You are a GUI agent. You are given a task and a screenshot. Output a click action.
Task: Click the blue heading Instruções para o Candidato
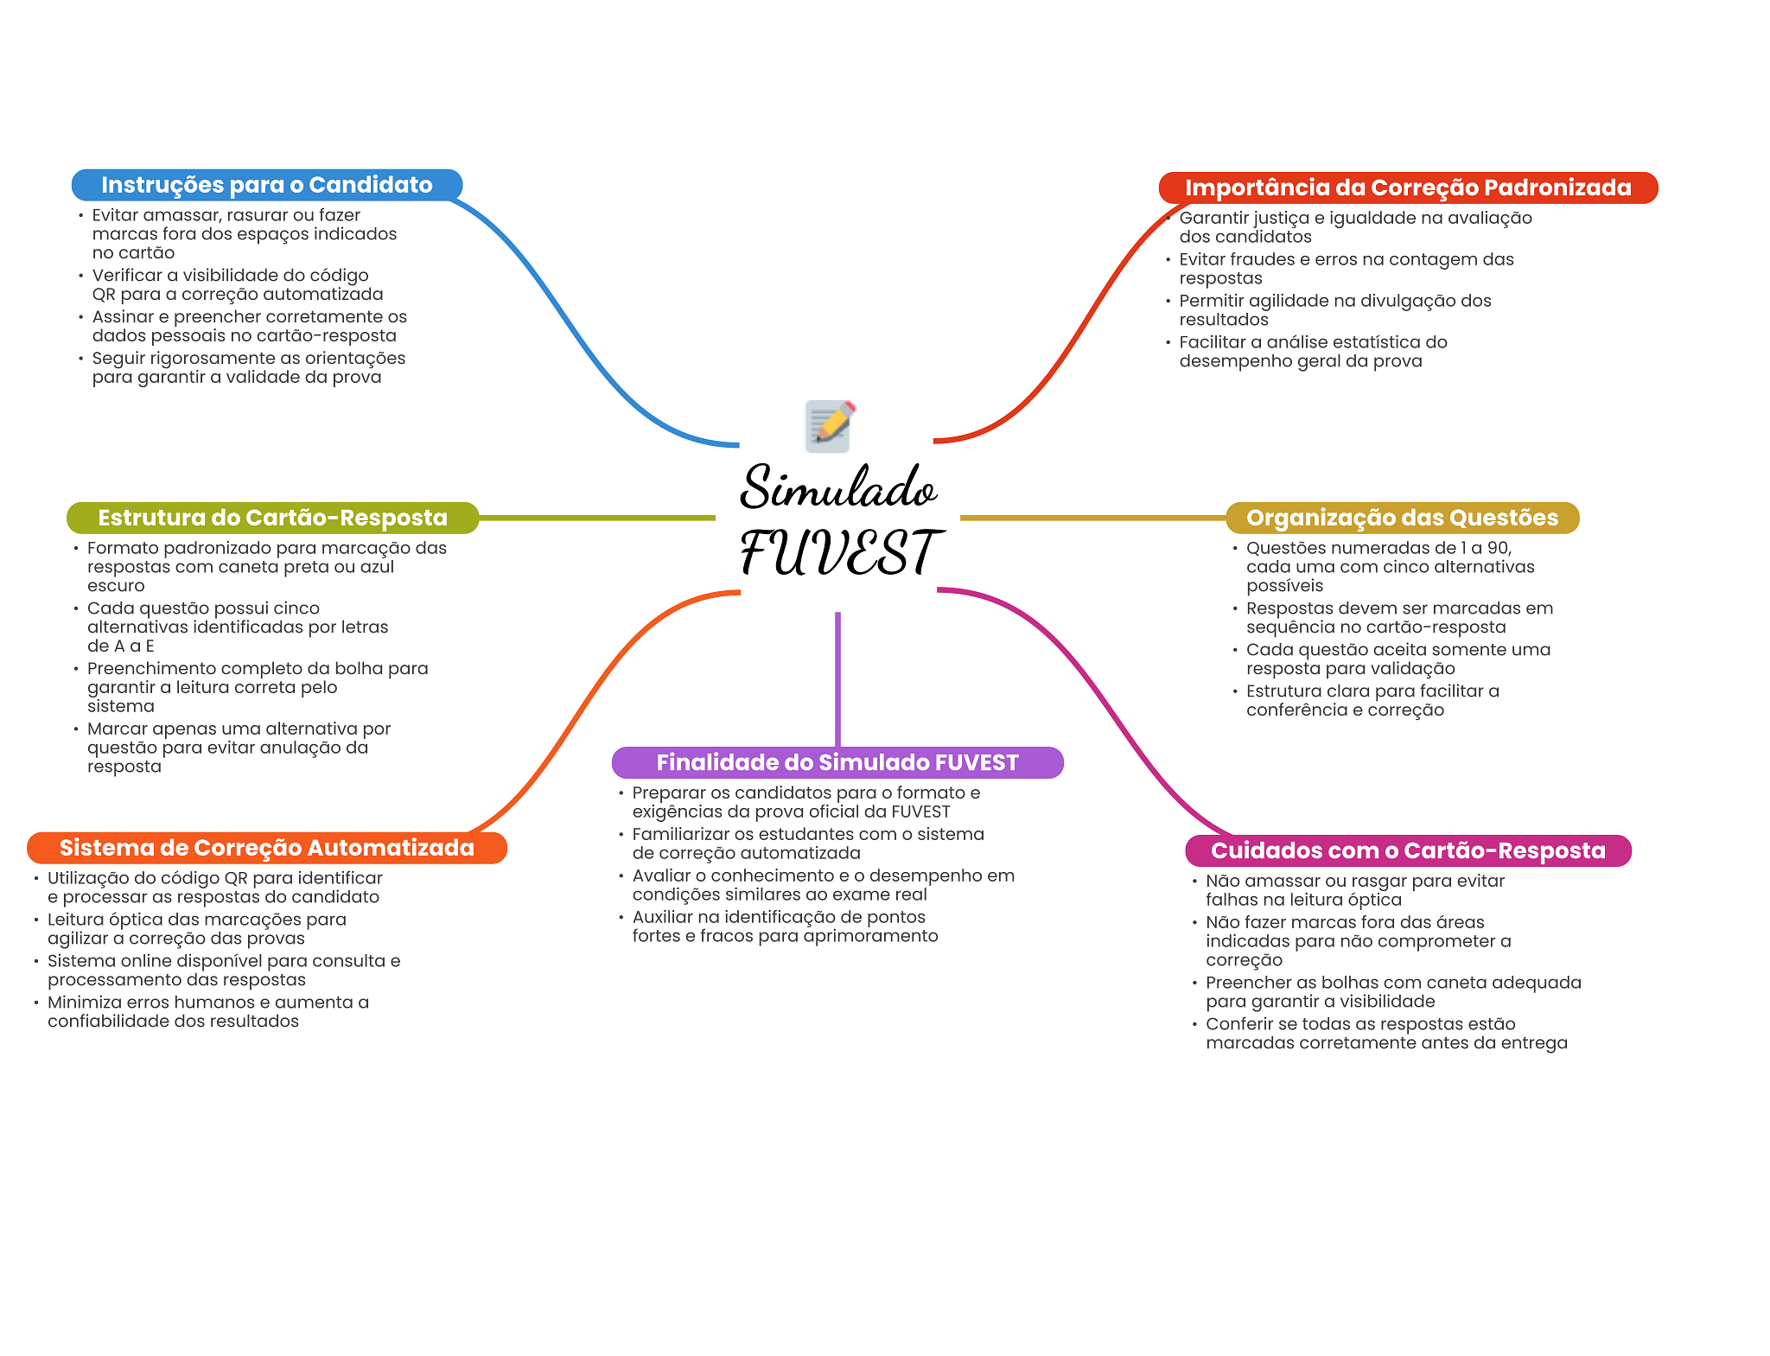pos(267,185)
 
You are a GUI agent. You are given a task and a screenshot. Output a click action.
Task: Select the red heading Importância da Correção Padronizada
pos(1408,188)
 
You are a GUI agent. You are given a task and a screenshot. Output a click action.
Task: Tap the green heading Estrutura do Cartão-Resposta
pos(272,518)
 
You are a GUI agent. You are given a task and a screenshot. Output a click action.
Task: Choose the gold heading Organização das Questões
pos(1402,518)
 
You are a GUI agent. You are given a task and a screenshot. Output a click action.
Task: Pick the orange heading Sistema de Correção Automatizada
pos(267,848)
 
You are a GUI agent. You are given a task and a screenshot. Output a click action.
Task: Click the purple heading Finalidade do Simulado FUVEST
pos(837,762)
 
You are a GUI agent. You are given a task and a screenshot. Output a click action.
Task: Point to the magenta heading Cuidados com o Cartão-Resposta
pos(1408,850)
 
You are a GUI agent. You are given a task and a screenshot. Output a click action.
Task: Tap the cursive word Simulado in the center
pos(838,487)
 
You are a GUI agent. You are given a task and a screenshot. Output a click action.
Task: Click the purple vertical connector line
pos(837,679)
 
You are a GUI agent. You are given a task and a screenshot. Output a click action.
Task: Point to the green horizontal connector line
pos(597,518)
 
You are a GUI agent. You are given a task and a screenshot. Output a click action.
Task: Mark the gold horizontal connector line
pos(1093,518)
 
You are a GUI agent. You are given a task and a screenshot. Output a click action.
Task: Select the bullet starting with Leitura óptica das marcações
pos(197,929)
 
